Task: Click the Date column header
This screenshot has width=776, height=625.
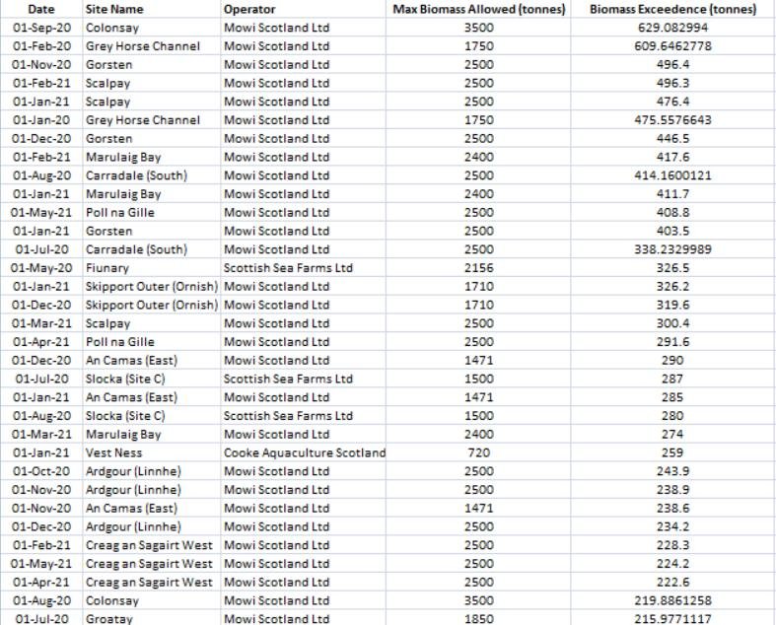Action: click(40, 9)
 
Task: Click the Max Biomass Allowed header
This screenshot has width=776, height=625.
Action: click(477, 9)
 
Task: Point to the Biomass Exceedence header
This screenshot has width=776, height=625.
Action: click(672, 9)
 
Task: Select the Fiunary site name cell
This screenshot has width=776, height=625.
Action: click(107, 268)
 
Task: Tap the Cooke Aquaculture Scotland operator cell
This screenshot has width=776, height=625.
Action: click(305, 452)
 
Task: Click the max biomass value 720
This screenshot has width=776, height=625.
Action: click(477, 452)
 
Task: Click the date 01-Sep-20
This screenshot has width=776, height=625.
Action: click(41, 28)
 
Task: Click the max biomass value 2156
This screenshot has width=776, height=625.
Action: click(477, 268)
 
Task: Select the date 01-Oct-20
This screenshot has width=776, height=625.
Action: click(41, 471)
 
